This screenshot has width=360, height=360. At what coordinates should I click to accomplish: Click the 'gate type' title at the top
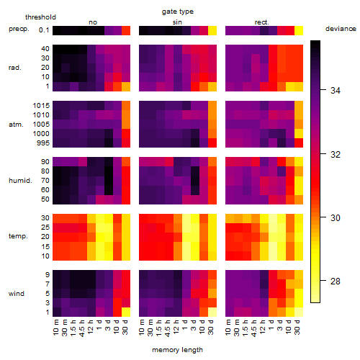point(178,12)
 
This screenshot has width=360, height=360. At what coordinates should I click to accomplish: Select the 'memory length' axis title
point(177,350)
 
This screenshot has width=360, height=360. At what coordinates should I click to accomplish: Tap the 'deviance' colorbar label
point(341,29)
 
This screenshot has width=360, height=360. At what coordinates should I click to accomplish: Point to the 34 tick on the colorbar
point(336,91)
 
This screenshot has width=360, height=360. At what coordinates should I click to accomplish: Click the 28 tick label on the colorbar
point(336,282)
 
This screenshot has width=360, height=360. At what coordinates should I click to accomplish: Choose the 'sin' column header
point(177,22)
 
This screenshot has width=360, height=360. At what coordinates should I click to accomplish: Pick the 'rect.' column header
point(261,22)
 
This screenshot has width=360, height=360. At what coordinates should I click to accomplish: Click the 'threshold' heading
point(40,17)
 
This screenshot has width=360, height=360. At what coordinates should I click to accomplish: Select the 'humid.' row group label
point(20,181)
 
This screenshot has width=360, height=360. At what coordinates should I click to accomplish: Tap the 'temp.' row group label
point(18,236)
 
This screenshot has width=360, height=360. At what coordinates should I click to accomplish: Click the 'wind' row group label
point(17,294)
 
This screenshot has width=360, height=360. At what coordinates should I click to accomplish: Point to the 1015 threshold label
point(41,106)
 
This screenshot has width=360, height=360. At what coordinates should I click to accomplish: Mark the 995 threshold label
point(43,143)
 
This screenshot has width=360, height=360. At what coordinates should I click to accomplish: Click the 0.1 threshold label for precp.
point(44,30)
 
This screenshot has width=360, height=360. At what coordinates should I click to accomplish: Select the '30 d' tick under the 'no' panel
point(125,327)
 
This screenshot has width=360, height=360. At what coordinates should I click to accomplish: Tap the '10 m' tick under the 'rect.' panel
point(229,328)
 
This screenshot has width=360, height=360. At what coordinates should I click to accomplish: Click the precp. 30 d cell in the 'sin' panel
point(212,31)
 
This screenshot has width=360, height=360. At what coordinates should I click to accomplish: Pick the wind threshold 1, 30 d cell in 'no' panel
point(126,312)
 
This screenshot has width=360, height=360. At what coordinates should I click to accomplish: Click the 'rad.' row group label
point(15,68)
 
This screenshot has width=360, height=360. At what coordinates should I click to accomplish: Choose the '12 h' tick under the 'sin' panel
point(177,327)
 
